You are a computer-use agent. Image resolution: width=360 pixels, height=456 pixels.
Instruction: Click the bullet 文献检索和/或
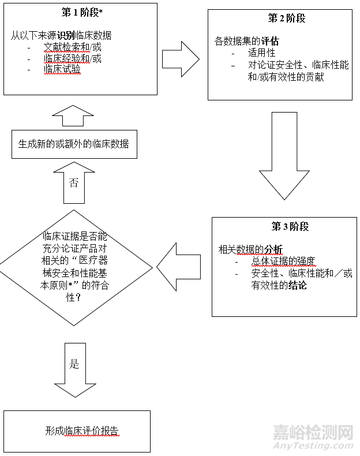tap(73, 47)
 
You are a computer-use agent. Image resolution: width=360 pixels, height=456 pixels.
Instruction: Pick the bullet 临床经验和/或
tap(73, 59)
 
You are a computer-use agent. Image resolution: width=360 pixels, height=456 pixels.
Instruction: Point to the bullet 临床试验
tap(62, 70)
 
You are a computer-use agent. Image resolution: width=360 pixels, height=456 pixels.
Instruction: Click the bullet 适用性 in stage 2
tap(261, 53)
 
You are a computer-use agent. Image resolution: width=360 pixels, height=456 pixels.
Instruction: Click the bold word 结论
tap(297, 285)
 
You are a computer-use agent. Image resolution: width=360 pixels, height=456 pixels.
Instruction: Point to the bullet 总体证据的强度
tap(283, 261)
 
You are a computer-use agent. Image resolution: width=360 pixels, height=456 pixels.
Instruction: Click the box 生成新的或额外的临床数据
tap(74, 144)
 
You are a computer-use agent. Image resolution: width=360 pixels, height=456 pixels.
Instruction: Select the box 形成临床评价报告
tap(77, 431)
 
